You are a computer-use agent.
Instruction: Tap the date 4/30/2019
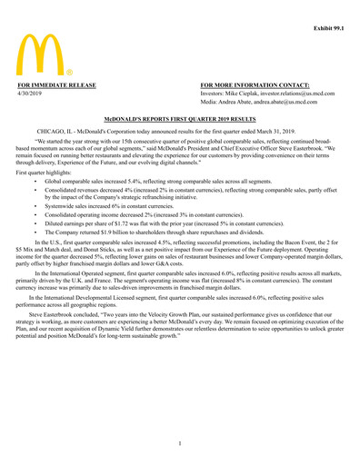click(x=34, y=94)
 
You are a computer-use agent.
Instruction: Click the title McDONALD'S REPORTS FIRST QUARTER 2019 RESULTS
click(x=179, y=119)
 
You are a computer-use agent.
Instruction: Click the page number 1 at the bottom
click(x=179, y=442)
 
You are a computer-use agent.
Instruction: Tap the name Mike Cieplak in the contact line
click(x=242, y=94)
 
